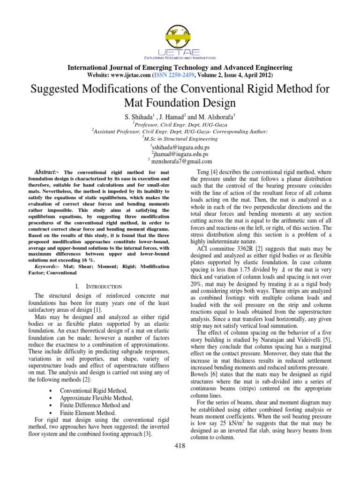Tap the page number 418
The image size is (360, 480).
180,445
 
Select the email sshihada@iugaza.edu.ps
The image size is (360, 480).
180,147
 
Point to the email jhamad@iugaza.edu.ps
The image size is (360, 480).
180,154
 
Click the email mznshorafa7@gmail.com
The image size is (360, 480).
180,161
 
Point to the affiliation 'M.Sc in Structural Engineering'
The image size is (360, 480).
180,139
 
